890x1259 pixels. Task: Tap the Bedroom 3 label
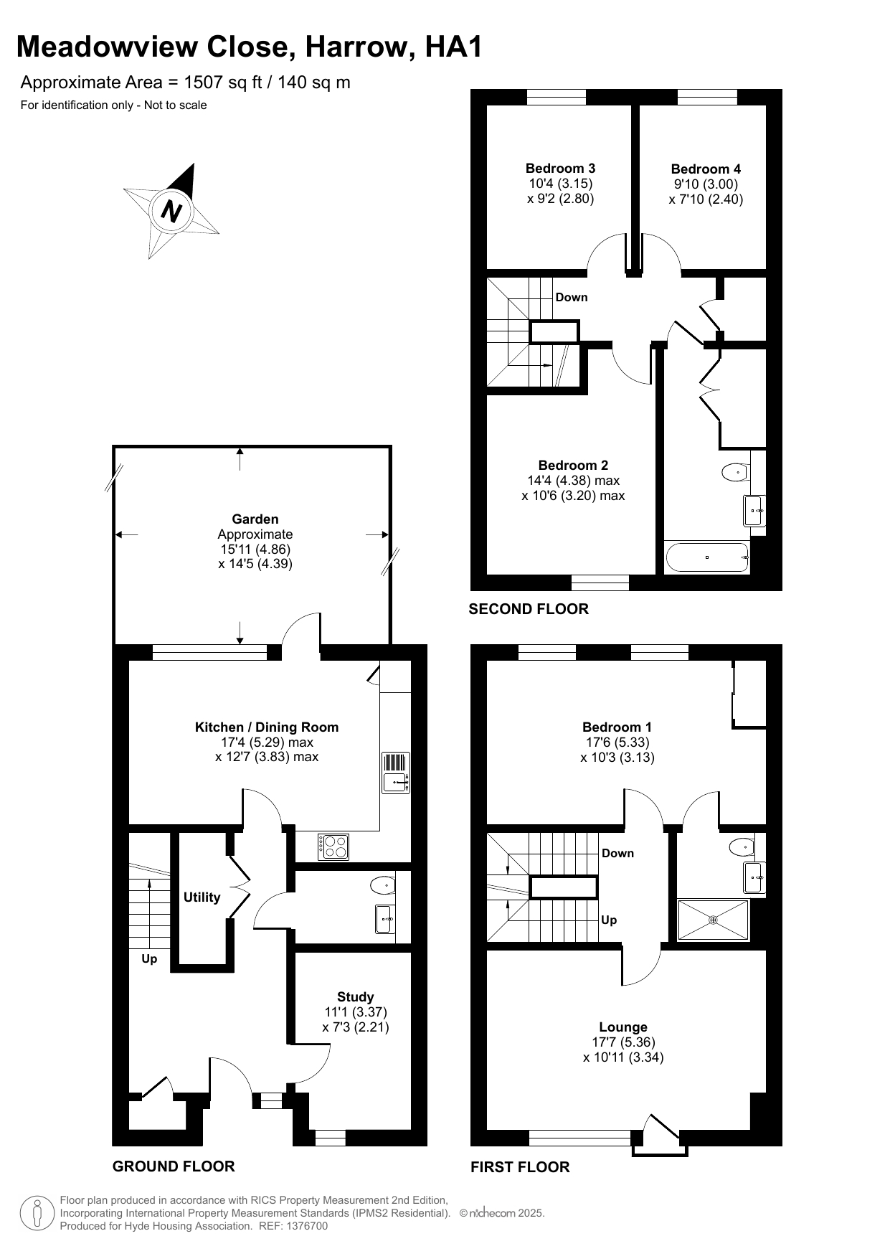(560, 169)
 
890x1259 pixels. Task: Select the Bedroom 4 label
(706, 169)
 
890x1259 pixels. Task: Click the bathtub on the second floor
(707, 557)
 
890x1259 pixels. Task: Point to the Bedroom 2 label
(573, 466)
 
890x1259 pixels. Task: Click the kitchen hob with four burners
(333, 847)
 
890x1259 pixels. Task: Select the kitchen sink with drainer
(396, 773)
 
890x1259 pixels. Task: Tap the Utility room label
(202, 897)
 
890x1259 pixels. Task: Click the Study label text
(356, 997)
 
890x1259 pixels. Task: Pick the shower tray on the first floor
(714, 920)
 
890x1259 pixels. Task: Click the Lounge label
(623, 1027)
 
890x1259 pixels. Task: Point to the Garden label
(255, 519)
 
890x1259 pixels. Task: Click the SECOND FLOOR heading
(529, 609)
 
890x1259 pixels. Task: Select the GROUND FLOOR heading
(174, 1166)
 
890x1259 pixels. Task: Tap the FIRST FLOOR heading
(520, 1167)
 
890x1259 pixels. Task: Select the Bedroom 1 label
(617, 727)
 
